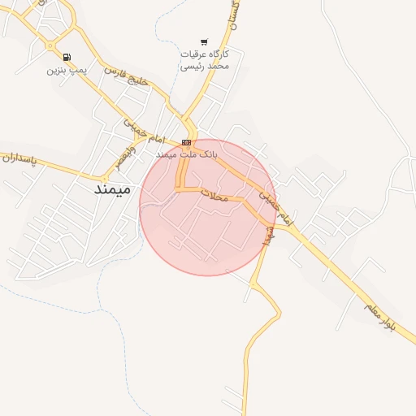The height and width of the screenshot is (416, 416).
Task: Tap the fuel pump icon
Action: (66, 57)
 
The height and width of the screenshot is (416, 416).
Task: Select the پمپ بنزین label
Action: (66, 70)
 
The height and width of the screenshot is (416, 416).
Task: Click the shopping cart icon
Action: (204, 42)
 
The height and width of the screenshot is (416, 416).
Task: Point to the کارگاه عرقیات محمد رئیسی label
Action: (205, 59)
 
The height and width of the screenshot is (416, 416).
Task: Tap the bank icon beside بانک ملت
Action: (188, 142)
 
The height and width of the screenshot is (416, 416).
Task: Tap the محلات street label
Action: (216, 196)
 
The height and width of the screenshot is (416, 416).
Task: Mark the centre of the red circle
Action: (207, 207)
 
